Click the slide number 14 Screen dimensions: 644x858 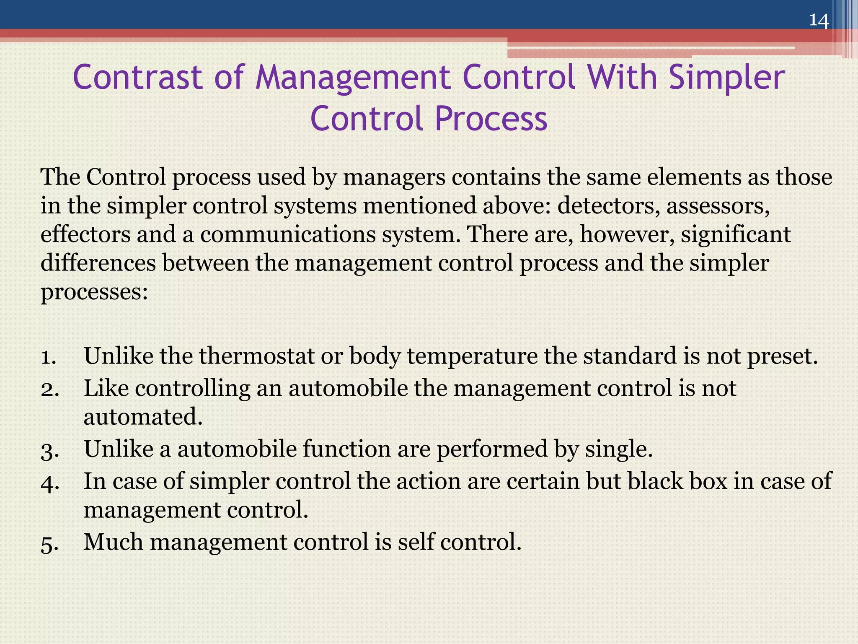[819, 20]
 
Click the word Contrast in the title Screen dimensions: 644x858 [138, 78]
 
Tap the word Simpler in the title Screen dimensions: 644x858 [726, 78]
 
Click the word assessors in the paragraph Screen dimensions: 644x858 [718, 206]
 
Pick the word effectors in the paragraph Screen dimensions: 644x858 [85, 234]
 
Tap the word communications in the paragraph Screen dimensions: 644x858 [288, 234]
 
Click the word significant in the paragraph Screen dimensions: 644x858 [736, 234]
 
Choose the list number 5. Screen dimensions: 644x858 [50, 544]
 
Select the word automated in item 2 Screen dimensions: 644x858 [143, 417]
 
